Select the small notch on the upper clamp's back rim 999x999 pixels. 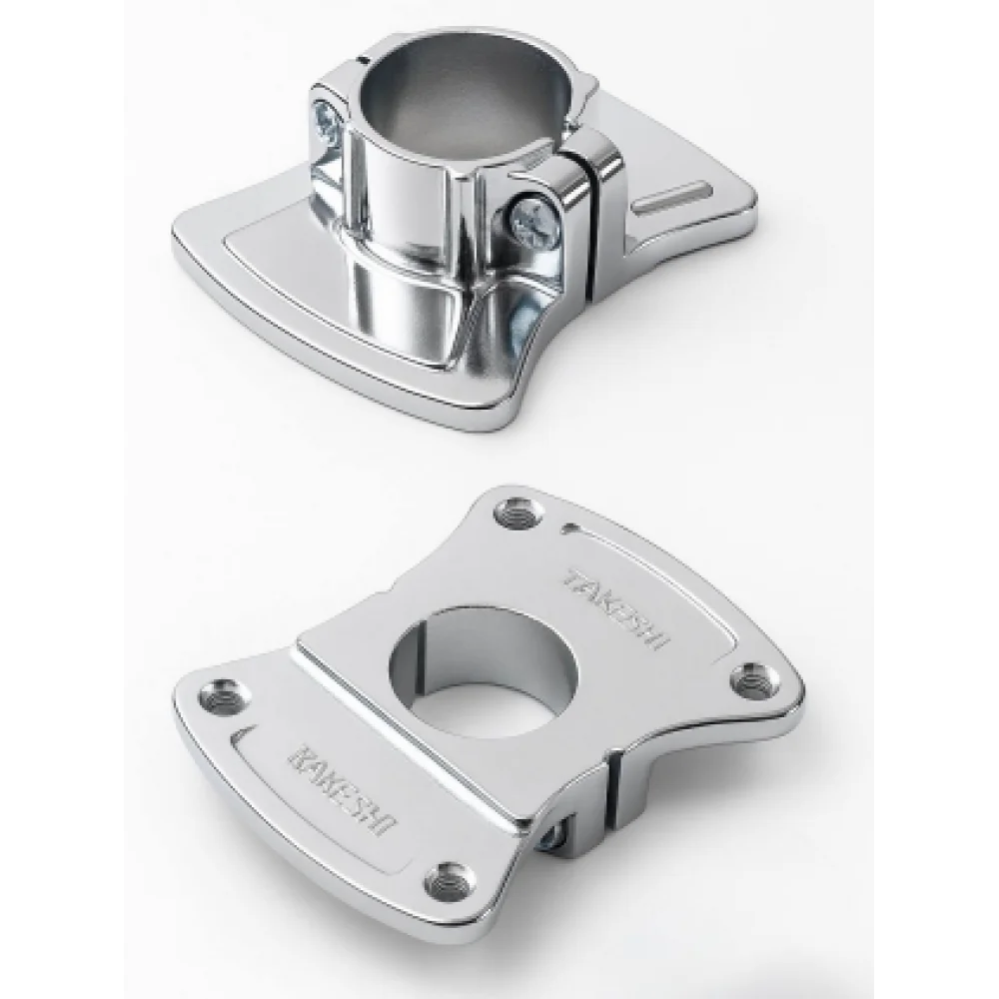coord(365,59)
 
